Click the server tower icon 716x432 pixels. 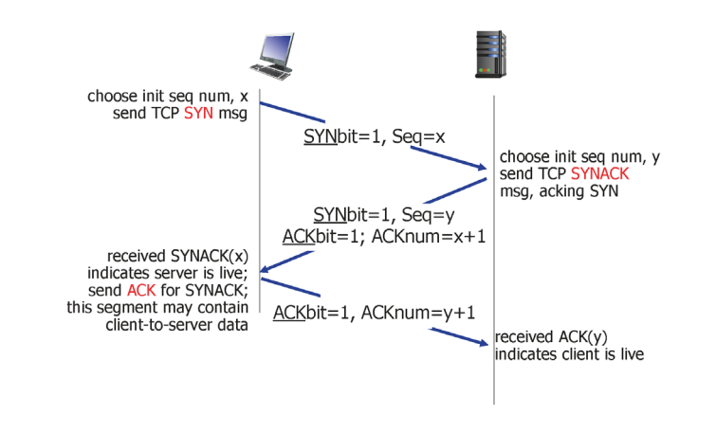pyautogui.click(x=488, y=55)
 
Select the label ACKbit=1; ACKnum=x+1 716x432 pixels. pyautogui.click(x=383, y=235)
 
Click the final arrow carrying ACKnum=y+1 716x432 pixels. pyautogui.click(x=375, y=312)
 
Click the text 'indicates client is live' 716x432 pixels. pyautogui.click(x=569, y=354)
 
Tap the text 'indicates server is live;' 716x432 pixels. pyautogui.click(x=180, y=273)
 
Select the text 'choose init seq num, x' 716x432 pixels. pyautogui.click(x=168, y=96)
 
